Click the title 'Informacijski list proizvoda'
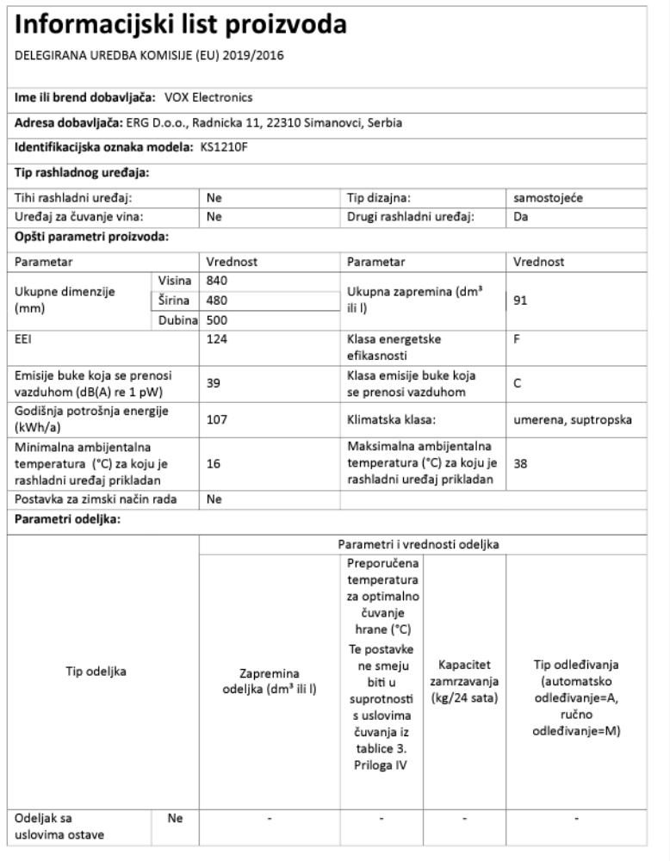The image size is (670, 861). [x=181, y=25]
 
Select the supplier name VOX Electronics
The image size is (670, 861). [x=208, y=97]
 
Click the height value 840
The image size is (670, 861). [x=217, y=281]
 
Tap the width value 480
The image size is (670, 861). [x=217, y=300]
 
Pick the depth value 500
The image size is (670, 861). [x=217, y=319]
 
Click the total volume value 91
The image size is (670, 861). [x=520, y=301]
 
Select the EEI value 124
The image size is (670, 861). [x=217, y=339]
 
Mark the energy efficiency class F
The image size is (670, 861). [x=517, y=339]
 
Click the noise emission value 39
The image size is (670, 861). [x=214, y=385]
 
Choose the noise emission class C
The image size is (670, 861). [x=517, y=385]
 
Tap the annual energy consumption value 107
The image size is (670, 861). [x=217, y=419]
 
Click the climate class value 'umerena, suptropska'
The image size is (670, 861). [x=573, y=419]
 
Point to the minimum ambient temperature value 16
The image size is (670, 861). [x=214, y=463]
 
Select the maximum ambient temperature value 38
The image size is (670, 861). [x=520, y=463]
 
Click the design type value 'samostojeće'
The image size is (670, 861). [x=548, y=198]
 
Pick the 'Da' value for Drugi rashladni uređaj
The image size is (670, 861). [x=521, y=217]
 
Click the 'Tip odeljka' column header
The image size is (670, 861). [x=96, y=672]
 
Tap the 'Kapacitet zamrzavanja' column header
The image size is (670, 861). [x=465, y=680]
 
